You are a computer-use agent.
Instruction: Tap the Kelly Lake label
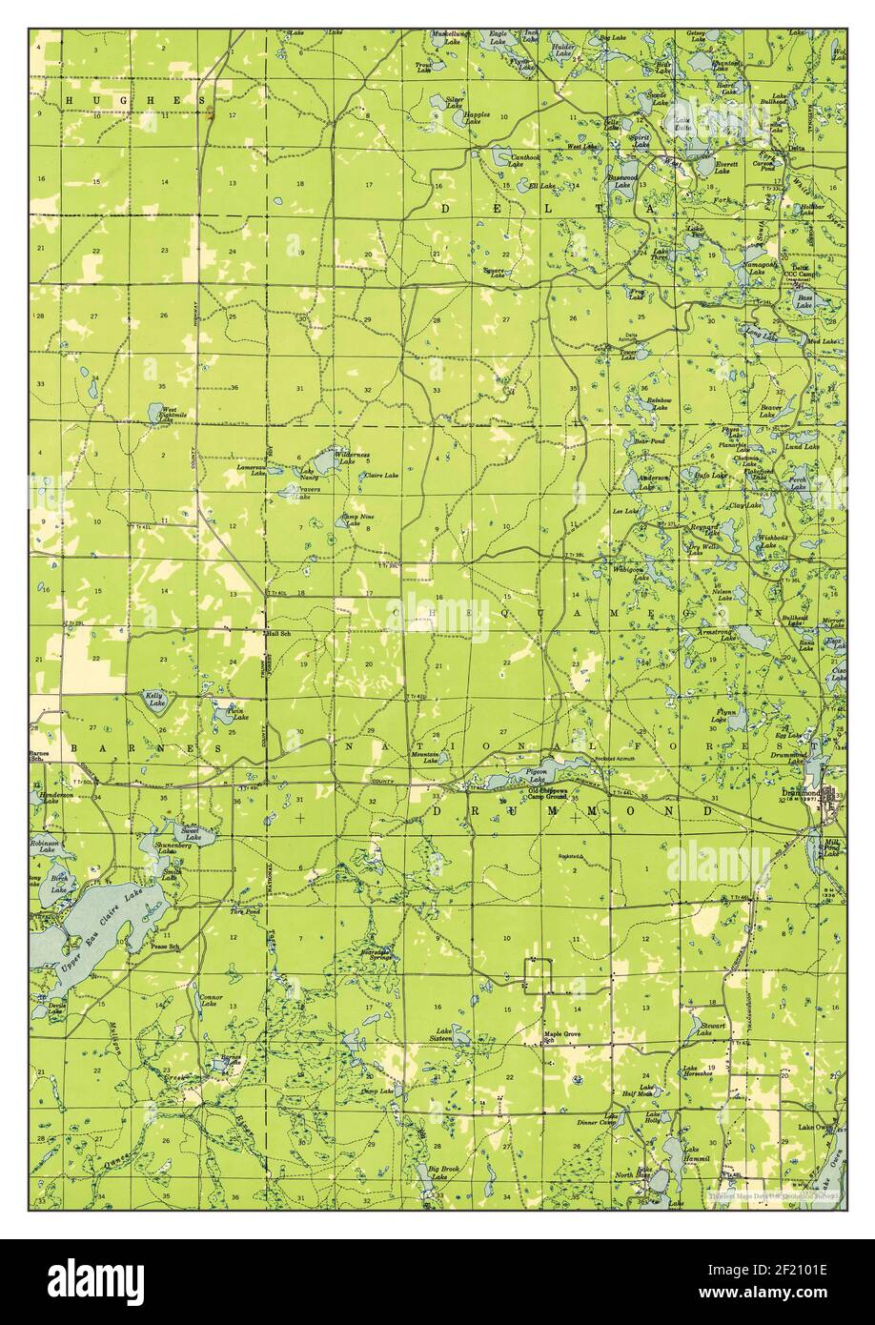[154, 700]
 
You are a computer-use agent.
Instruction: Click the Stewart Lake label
[712, 1028]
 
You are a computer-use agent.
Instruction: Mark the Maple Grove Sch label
[562, 1037]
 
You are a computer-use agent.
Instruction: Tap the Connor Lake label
[211, 1001]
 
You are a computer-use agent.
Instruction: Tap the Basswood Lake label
[622, 181]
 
